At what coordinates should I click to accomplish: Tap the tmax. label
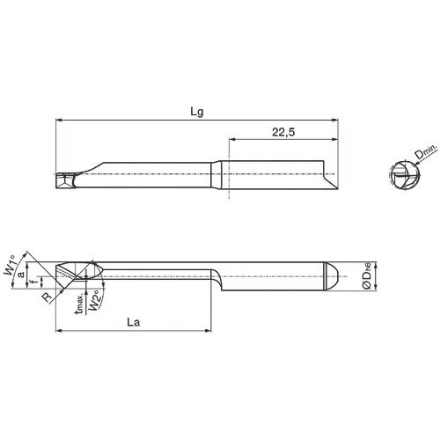pyautogui.click(x=81, y=305)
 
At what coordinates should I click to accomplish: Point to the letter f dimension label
pyautogui.click(x=33, y=282)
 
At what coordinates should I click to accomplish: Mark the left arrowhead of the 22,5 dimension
pyautogui.click(x=232, y=138)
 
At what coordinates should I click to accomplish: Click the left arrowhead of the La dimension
pyautogui.click(x=59, y=332)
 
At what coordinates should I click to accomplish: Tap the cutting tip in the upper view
pyautogui.click(x=67, y=182)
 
